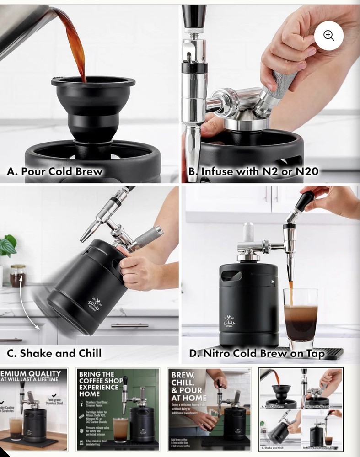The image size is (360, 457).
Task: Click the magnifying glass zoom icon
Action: point(328,36)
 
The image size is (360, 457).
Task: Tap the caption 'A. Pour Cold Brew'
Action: point(54,172)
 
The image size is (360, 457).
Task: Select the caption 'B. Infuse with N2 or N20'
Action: point(253,172)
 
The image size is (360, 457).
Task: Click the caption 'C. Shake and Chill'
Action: point(54,353)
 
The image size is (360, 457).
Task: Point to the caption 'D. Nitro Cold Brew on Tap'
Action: point(257,353)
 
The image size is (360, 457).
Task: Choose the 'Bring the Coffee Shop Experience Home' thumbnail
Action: point(118,409)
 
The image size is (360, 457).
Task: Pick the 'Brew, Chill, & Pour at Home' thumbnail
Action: point(209,409)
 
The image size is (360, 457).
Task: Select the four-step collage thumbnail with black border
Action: point(301,409)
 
